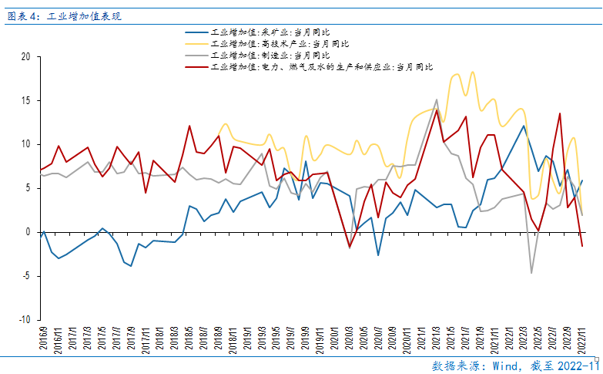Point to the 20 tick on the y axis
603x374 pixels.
[25, 56]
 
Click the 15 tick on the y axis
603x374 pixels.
[25, 100]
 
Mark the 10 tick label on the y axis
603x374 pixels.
[25, 144]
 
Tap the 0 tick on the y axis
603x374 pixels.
[28, 232]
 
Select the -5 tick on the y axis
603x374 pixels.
[25, 276]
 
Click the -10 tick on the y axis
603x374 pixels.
[24, 319]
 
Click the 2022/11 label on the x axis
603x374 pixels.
[582, 339]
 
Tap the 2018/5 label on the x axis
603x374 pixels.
[188, 339]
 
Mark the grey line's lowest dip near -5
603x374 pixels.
[531, 272]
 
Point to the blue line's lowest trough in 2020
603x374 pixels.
[378, 255]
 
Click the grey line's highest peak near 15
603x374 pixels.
[437, 99]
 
